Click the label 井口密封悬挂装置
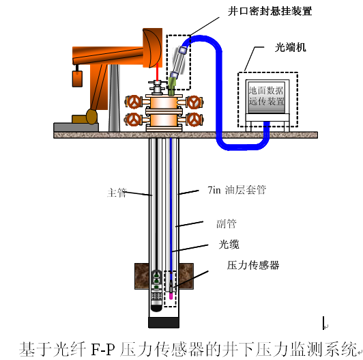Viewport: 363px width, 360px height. [270, 11]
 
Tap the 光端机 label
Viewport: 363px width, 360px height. [290, 48]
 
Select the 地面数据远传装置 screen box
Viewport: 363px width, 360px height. [267, 96]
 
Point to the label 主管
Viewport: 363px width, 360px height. [117, 193]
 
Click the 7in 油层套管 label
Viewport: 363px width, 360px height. [237, 190]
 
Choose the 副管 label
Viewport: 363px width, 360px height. [227, 223]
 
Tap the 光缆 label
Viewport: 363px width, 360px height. [229, 244]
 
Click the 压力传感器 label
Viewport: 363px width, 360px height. [253, 265]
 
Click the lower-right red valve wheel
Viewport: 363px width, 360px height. [194, 120]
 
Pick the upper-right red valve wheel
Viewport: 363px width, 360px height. [194, 102]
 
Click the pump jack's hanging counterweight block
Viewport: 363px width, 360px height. [77, 79]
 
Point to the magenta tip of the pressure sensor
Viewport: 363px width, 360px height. [171, 296]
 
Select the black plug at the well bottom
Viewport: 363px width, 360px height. [164, 322]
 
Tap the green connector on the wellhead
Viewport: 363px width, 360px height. [172, 86]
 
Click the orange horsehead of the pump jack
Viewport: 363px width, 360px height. [152, 48]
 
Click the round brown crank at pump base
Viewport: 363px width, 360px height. [91, 117]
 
